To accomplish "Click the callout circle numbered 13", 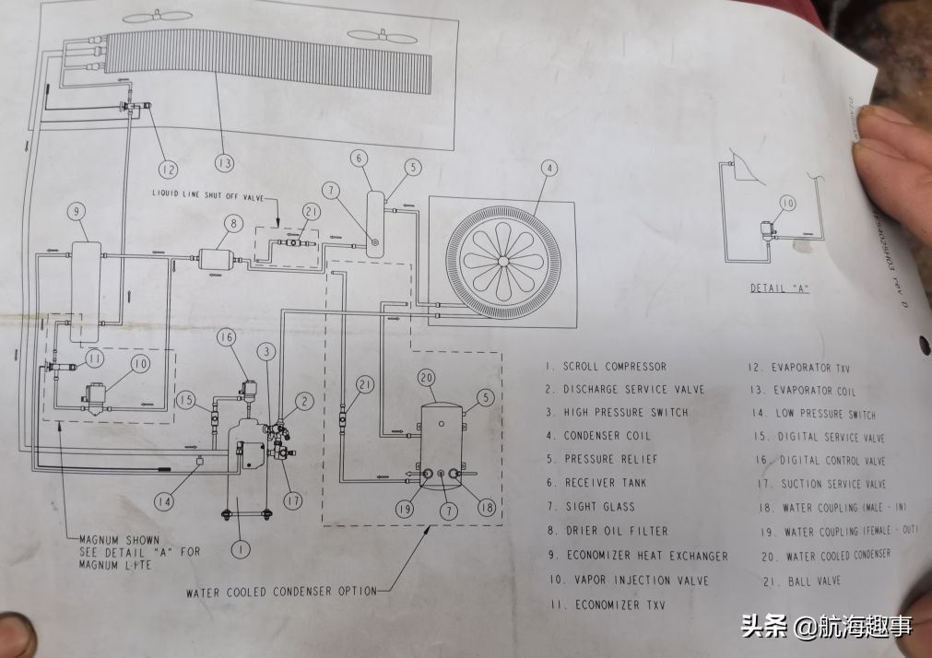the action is [223, 164].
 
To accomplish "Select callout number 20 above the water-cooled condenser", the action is [425, 377].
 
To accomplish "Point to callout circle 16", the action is [228, 338].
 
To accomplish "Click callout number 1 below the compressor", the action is [240, 550].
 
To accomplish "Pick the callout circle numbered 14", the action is [163, 502].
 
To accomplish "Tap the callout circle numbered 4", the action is [549, 169].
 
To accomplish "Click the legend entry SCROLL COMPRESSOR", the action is [614, 367].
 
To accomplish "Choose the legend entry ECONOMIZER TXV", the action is [619, 605].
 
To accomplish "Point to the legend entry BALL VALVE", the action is [814, 582].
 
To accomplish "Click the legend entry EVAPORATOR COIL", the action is [814, 391].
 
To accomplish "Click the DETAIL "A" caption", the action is [778, 289].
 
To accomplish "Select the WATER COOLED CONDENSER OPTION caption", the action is [281, 591].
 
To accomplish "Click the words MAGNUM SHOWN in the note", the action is [119, 540].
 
